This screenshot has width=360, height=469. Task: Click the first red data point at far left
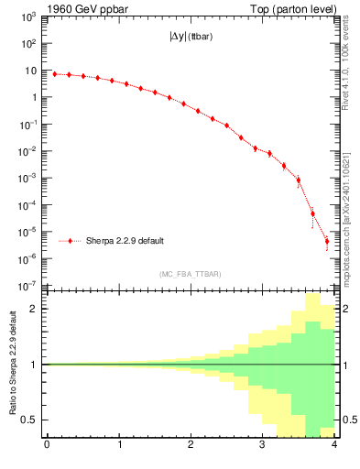54,74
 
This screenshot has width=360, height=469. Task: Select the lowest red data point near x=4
327,242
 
